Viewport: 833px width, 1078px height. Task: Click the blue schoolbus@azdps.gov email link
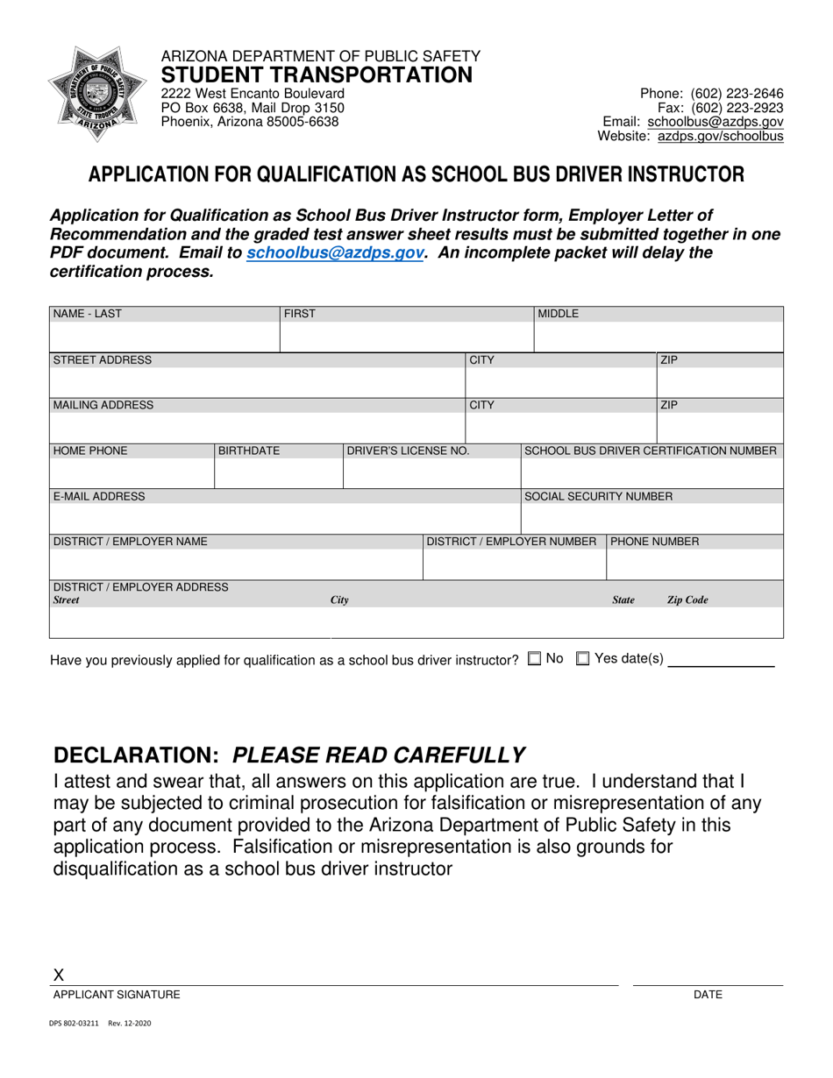(336, 252)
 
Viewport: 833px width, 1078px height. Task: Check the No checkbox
(534, 659)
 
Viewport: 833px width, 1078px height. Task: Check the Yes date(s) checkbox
(582, 659)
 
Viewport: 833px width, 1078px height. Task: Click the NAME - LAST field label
(88, 314)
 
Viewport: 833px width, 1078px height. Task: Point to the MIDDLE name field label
(559, 314)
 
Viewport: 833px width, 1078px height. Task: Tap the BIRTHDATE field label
(249, 451)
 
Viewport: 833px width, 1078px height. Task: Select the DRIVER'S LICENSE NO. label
(409, 451)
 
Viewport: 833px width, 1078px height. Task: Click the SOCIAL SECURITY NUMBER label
(599, 497)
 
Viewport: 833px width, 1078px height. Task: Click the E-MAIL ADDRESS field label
(99, 497)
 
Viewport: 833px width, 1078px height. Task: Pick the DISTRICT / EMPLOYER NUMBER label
(511, 542)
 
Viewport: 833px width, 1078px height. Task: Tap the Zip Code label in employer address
(687, 600)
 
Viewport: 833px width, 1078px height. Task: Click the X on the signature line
(59, 975)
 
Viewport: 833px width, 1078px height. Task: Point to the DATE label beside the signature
(708, 995)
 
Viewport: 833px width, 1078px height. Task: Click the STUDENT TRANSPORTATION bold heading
(317, 75)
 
